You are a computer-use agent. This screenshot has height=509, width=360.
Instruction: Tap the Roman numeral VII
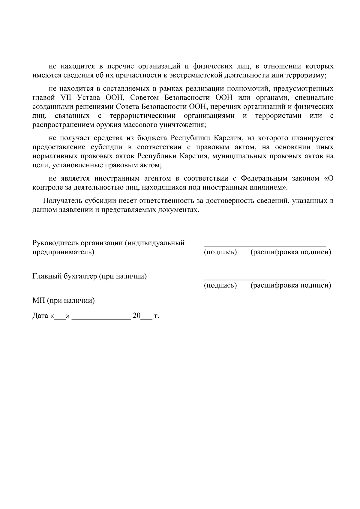coord(65,98)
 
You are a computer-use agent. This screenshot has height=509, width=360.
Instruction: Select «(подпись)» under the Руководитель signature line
coord(220,252)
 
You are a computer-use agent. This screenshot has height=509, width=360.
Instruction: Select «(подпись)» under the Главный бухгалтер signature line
coord(220,285)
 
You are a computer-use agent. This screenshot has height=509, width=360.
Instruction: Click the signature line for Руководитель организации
coord(265,246)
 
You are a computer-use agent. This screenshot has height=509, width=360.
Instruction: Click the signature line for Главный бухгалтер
coord(265,279)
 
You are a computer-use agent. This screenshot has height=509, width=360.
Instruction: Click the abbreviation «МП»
coord(38,300)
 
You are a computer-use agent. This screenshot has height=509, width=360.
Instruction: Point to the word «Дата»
coord(40,316)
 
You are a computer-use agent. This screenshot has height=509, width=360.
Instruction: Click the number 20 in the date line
coord(136,316)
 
